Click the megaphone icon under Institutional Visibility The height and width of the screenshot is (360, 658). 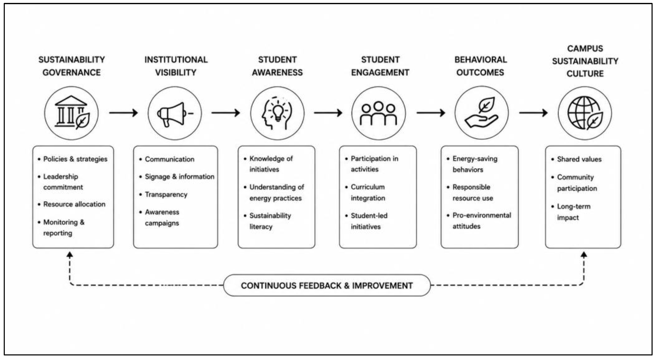point(175,114)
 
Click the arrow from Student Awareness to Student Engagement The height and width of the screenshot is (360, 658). point(328,113)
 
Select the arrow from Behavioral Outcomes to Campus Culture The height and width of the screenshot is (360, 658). point(533,113)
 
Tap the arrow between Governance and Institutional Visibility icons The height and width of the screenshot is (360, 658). point(123,113)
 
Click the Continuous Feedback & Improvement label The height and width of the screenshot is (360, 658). point(327,285)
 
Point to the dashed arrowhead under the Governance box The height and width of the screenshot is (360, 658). point(70,255)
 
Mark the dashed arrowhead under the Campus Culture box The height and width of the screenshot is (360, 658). point(584,255)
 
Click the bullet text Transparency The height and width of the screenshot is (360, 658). point(166,195)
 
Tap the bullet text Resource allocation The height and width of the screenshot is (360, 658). point(74,204)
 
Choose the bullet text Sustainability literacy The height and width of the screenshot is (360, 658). point(270,221)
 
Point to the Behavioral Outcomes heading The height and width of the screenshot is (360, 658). point(480,66)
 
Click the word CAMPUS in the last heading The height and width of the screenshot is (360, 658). point(585,48)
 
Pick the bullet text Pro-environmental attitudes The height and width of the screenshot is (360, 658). point(481,220)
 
